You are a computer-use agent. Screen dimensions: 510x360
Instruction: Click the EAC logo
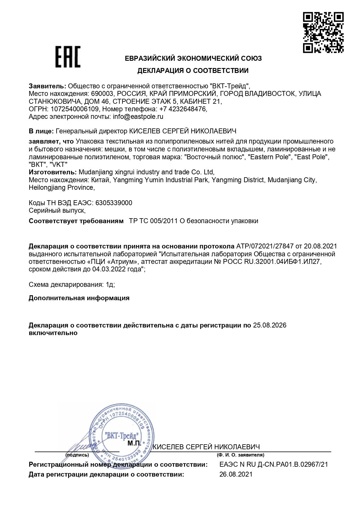pos(68,57)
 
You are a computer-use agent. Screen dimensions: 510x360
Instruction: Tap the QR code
pos(323,32)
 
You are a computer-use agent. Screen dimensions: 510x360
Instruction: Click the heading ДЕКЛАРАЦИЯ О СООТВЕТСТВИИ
pos(193,71)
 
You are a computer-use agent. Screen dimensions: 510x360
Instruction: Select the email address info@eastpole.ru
pos(138,117)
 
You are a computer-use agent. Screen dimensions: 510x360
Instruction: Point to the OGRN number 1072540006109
pos(75,109)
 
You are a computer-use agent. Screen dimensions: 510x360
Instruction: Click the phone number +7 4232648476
pos(183,109)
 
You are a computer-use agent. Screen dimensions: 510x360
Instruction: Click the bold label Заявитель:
pos(47,86)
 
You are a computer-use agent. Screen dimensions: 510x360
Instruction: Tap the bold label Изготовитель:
pos(53,172)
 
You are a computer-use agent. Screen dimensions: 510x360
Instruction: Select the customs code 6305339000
pos(114,203)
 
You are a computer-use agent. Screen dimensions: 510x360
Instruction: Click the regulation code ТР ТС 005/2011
pos(153,221)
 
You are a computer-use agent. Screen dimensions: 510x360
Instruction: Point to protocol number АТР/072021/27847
pos(265,246)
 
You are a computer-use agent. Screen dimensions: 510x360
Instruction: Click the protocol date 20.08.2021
pos(320,246)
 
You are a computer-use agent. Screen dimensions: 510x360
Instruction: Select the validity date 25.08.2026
pos(269,325)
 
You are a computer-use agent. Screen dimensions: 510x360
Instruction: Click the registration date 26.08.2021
pos(236,474)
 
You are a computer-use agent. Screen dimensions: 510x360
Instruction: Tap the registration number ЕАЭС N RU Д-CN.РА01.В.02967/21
pos(273,464)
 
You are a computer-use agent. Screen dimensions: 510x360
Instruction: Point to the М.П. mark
pos(134,443)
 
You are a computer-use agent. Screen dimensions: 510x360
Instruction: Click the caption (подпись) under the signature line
pos(77,455)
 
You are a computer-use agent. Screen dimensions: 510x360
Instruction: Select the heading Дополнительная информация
pos(79,298)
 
